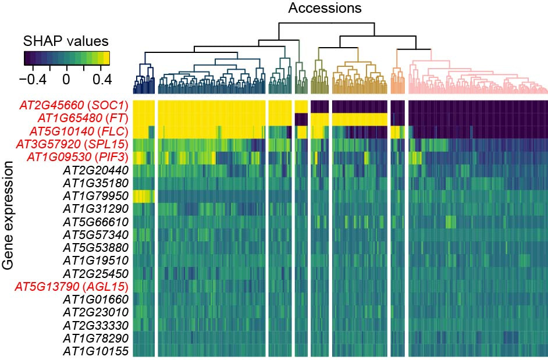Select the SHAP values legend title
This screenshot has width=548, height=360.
(66, 42)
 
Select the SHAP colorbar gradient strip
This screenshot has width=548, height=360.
(66, 58)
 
